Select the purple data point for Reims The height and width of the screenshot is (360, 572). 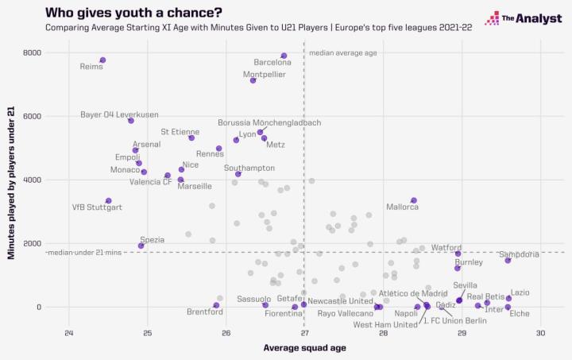coord(102,60)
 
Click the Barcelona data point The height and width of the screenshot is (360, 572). coord(284,56)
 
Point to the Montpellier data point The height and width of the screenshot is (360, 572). coord(253,80)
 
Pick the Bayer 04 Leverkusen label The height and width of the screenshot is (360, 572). coord(119,114)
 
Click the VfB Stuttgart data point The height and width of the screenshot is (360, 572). coord(108,201)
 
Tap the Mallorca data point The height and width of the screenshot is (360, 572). coord(413,200)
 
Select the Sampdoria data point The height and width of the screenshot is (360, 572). coord(508,261)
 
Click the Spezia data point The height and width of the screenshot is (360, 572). coord(141,246)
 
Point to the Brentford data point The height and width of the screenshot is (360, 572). coord(216,305)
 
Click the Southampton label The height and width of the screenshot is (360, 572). coord(249,168)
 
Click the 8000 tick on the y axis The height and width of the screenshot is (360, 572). coord(32,53)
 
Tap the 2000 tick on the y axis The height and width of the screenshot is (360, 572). coord(32,244)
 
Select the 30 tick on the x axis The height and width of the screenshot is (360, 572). coord(541,333)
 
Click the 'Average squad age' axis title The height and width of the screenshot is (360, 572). coord(304,348)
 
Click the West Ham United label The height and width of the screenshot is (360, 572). coord(385,324)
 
